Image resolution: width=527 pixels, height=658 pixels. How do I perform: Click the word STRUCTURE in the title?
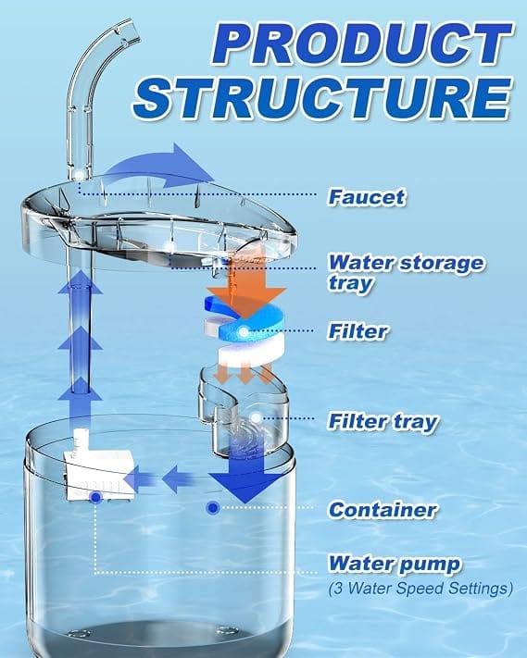pyautogui.click(x=322, y=98)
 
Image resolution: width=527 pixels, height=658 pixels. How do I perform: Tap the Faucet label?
pyautogui.click(x=367, y=197)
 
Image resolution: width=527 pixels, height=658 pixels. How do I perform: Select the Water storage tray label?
pyautogui.click(x=406, y=272)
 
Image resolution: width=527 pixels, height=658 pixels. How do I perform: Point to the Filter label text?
pyautogui.click(x=358, y=331)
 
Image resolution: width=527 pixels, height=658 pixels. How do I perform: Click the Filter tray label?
pyautogui.click(x=383, y=421)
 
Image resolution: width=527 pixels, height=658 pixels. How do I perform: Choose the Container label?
pyautogui.click(x=383, y=510)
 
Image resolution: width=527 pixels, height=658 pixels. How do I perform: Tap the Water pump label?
pyautogui.click(x=395, y=564)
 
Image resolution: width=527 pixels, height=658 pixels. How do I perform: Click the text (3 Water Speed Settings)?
pyautogui.click(x=420, y=588)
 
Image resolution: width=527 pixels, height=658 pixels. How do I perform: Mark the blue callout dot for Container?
pyautogui.click(x=213, y=508)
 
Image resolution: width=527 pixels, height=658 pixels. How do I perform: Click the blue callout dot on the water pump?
pyautogui.click(x=96, y=497)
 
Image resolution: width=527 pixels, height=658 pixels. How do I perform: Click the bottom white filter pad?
pyautogui.click(x=249, y=352)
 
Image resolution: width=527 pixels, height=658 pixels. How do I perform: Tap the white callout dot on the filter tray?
pyautogui.click(x=256, y=417)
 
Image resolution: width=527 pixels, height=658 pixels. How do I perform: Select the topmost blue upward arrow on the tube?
pyautogui.click(x=81, y=281)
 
